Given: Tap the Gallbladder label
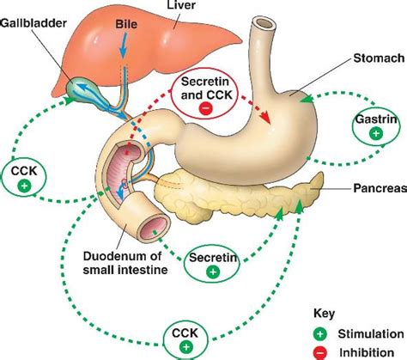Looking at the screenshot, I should tap(33, 20).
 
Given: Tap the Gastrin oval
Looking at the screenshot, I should tap(374, 125).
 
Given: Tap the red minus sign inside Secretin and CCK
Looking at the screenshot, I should tap(205, 108).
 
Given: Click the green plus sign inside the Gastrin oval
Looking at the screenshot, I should tap(374, 134).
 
